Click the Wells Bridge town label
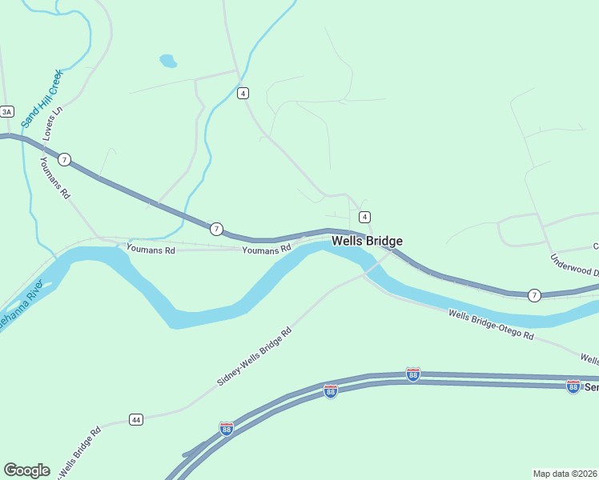coord(367,241)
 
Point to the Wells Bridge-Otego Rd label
coord(491,325)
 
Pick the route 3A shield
coord(7,112)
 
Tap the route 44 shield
coord(136,419)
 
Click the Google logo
coord(26,470)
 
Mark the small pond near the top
coord(168,61)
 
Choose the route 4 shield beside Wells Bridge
coord(365,217)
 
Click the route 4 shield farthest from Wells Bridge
coord(243,93)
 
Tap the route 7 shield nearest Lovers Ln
coord(65,160)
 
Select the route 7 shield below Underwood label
coord(534,295)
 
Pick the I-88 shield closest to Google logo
coord(227,428)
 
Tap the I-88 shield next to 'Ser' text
coord(573,386)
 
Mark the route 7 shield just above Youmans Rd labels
coord(216,230)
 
